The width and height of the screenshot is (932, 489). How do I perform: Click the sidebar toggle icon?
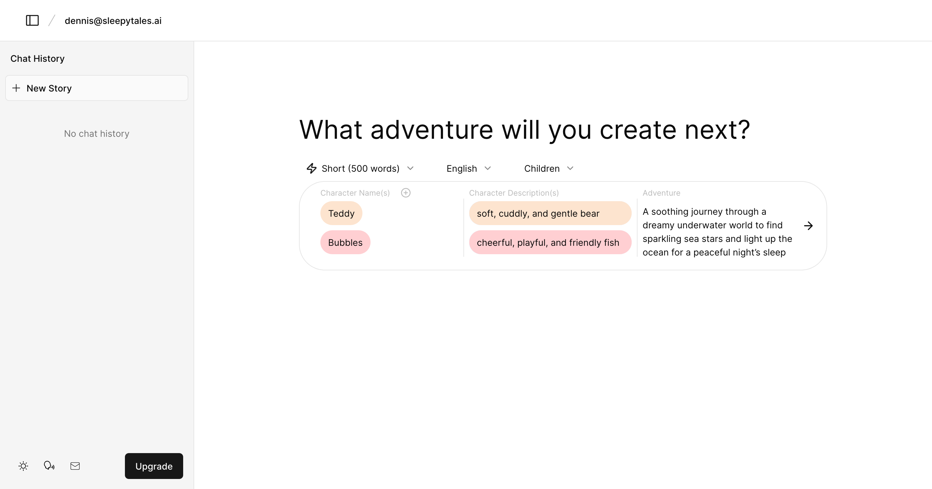pos(32,20)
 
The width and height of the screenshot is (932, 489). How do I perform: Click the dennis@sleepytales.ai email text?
pos(113,21)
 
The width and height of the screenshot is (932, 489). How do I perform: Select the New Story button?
pos(97,88)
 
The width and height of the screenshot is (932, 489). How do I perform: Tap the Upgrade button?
pos(154,466)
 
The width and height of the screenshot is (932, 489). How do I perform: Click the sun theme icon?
pos(23,466)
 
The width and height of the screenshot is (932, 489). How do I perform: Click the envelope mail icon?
pos(75,466)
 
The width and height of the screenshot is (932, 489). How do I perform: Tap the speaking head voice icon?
pos(49,465)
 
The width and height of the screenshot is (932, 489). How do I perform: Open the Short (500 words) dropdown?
pos(360,168)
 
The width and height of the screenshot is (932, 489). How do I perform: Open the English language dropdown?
pos(469,168)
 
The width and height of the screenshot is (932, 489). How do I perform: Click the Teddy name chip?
pos(341,213)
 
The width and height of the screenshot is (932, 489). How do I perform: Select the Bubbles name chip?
pos(345,242)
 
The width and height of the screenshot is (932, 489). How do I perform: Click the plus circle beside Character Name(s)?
pos(405,193)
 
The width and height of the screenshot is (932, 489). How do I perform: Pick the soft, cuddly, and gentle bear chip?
pos(550,213)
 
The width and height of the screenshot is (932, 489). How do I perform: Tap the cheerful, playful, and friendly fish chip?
pos(550,242)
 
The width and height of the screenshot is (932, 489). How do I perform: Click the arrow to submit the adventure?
pos(808,226)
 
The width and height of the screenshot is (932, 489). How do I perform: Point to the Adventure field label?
pos(661,193)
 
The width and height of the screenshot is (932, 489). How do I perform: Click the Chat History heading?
pos(37,59)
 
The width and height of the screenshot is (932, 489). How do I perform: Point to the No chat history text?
pos(97,134)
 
